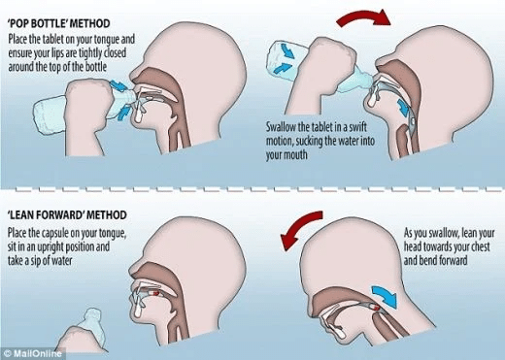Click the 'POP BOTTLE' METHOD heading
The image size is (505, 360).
point(59,23)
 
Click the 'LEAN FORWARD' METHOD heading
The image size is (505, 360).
point(67,215)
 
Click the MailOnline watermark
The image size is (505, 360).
point(33,353)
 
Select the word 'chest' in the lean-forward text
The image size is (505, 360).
point(479,247)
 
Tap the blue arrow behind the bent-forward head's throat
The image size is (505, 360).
point(386,296)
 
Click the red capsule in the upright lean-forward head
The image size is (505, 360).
point(154,293)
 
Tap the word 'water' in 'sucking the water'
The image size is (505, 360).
point(350,142)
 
